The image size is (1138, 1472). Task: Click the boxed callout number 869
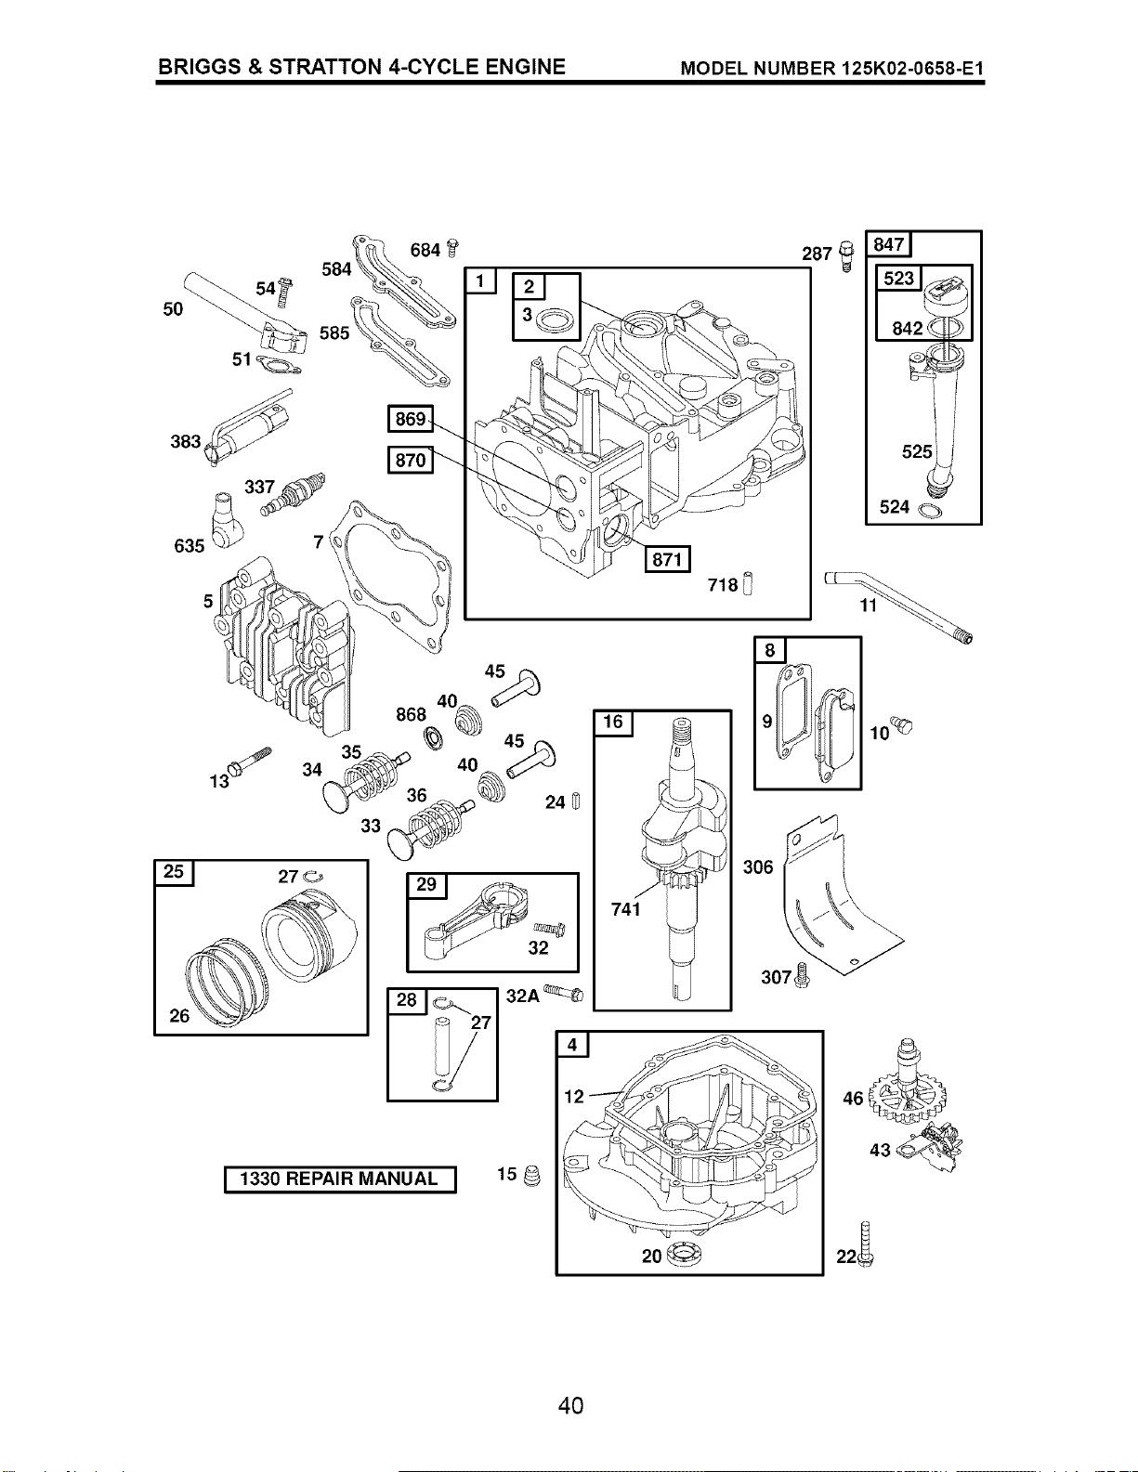pyautogui.click(x=411, y=419)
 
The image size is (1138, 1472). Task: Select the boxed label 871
pyautogui.click(x=667, y=559)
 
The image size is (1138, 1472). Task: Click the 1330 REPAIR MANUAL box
pyautogui.click(x=340, y=1179)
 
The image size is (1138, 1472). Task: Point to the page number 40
pyautogui.click(x=570, y=1406)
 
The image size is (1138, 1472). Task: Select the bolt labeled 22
pyautogui.click(x=865, y=1244)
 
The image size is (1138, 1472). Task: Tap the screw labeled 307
pyautogui.click(x=803, y=976)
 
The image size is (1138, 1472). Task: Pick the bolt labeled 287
pyautogui.click(x=846, y=256)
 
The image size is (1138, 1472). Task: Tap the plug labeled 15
pyautogui.click(x=534, y=1176)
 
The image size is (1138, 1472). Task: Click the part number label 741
pyautogui.click(x=625, y=909)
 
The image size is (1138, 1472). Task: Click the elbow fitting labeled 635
pyautogui.click(x=221, y=519)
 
